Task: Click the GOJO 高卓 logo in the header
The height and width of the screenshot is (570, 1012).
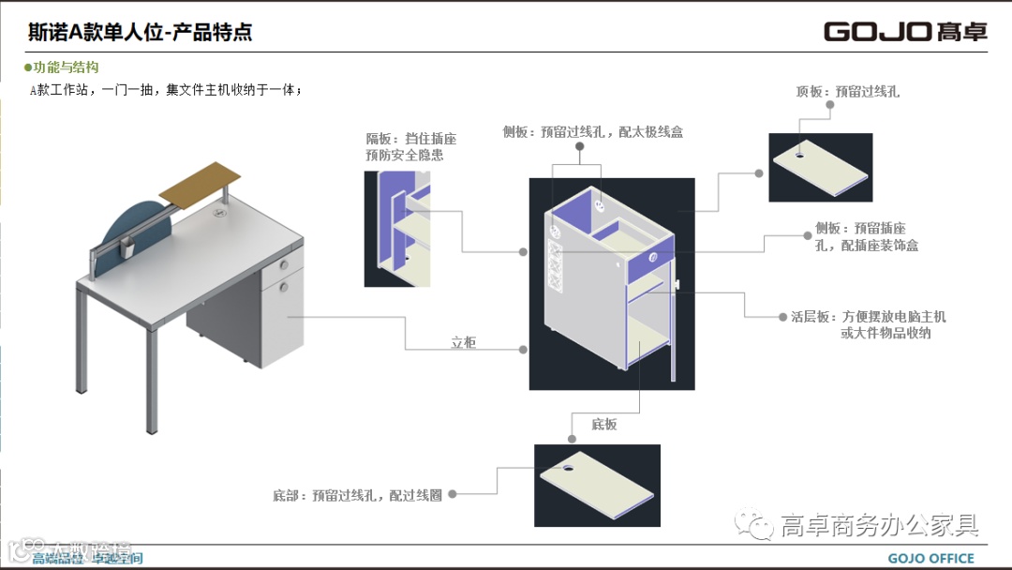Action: pyautogui.click(x=905, y=31)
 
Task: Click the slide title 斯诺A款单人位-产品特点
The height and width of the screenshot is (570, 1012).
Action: pyautogui.click(x=141, y=32)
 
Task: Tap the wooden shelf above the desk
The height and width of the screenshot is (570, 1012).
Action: pyautogui.click(x=201, y=181)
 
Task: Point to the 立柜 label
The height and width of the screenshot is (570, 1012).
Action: pyautogui.click(x=463, y=343)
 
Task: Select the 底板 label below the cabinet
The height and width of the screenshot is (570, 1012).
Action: pyautogui.click(x=604, y=425)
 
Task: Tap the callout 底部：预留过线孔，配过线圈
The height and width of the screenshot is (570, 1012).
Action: pyautogui.click(x=357, y=494)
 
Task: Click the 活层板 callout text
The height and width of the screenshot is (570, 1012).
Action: pyautogui.click(x=868, y=324)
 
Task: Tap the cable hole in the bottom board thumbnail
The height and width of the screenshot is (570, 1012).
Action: pyautogui.click(x=570, y=463)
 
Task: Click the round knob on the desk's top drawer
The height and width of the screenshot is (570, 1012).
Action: pyautogui.click(x=283, y=263)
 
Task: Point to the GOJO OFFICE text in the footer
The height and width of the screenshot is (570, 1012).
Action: pyautogui.click(x=930, y=558)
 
